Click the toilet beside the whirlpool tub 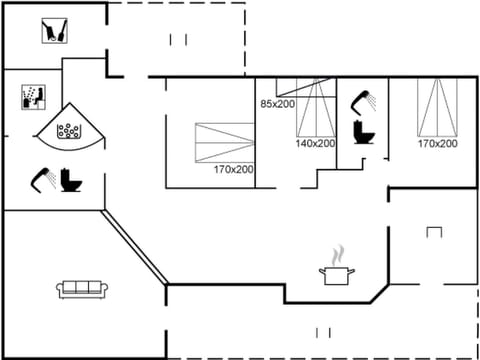[71, 180]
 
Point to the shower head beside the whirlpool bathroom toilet [43, 178]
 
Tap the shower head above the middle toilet [364, 99]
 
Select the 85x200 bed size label [278, 104]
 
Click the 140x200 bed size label [315, 143]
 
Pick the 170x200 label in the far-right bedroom [437, 144]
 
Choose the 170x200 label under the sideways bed [233, 169]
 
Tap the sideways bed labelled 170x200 [225, 140]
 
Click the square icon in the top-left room [53, 31]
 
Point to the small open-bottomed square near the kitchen [433, 232]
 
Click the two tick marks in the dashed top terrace [178, 39]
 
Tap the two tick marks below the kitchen [323, 332]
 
